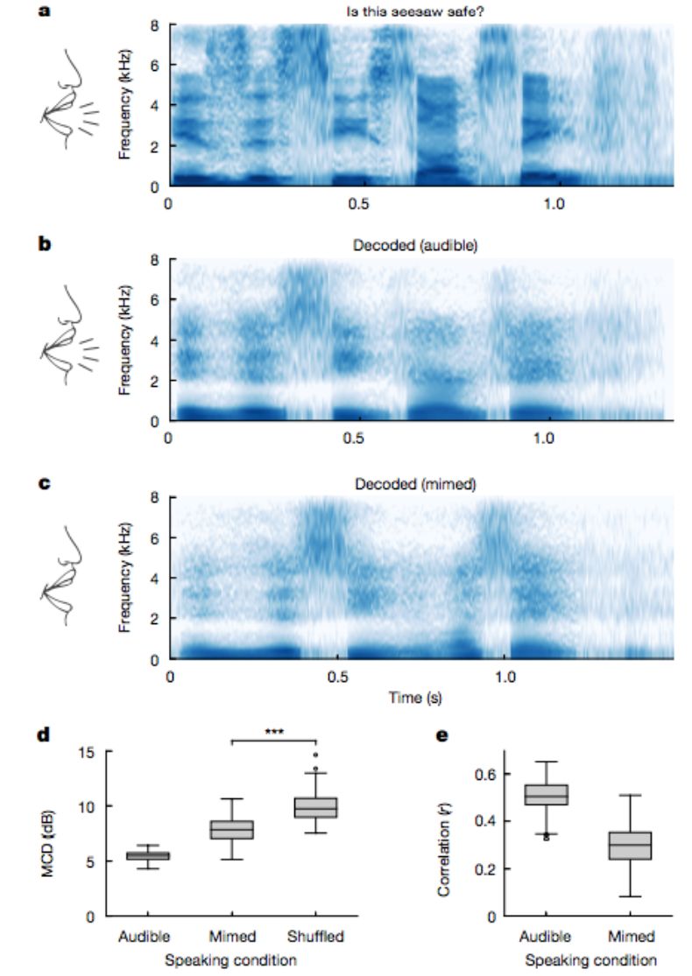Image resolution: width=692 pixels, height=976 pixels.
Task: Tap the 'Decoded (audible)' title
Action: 422,245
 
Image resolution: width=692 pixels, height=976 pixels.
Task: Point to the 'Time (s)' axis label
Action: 420,699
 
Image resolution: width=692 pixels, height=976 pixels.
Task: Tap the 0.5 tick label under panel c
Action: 337,677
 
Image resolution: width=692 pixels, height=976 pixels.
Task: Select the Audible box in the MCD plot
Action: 148,855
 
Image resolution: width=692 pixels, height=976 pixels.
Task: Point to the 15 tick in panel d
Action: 85,751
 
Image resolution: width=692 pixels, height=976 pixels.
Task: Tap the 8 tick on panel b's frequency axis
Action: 152,261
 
